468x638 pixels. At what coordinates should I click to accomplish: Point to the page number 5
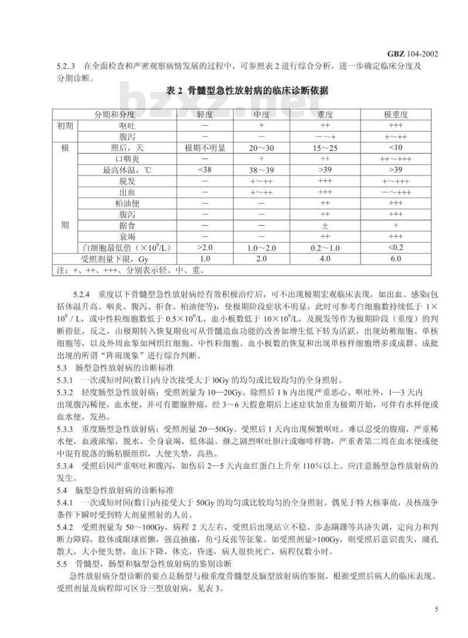(436, 609)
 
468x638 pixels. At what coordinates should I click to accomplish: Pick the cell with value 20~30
(261, 148)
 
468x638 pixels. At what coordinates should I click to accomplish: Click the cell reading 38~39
(261, 170)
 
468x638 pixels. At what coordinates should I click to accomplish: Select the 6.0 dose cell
(396, 259)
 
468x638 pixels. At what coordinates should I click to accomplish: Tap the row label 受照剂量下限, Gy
(116, 259)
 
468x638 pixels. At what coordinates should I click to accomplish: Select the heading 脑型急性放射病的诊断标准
(124, 489)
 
